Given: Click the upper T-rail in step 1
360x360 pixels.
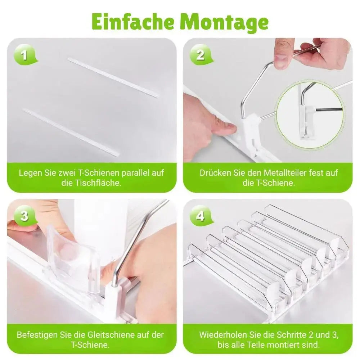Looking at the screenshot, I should tap(113, 77).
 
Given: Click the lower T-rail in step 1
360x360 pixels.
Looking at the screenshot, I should tap(71, 132).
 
